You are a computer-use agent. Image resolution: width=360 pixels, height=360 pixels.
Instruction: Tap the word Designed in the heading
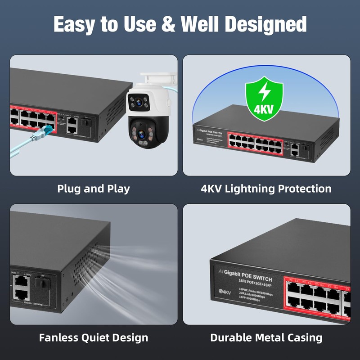[x=266, y=24]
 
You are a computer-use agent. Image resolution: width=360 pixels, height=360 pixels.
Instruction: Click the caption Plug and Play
[x=94, y=189]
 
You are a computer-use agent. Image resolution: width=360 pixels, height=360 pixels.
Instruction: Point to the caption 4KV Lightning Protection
[x=266, y=189]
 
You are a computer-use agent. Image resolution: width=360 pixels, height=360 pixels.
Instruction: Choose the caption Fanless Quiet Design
[x=94, y=337]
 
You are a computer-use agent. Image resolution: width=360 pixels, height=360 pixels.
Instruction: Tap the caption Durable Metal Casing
[x=266, y=337]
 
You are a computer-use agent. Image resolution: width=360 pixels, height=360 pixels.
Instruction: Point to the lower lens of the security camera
[x=141, y=134]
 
